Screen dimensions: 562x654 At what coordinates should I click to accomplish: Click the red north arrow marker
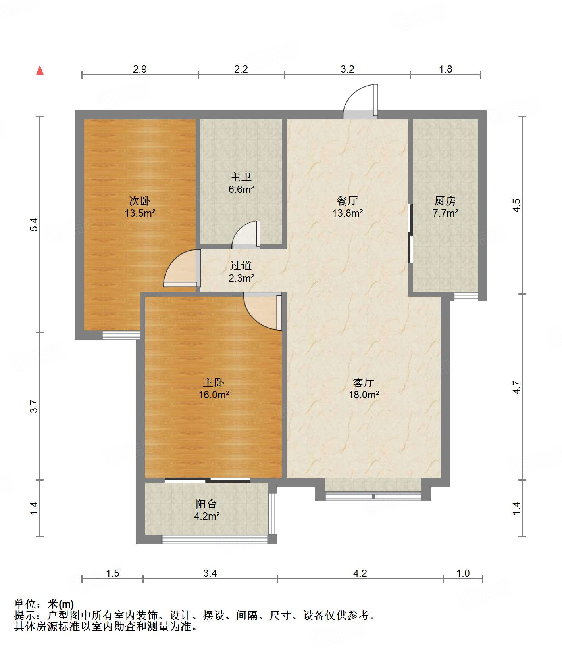pyautogui.click(x=40, y=70)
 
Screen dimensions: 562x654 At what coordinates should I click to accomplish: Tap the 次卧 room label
pyautogui.click(x=140, y=201)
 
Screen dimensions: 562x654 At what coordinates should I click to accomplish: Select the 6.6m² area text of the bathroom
pyautogui.click(x=241, y=189)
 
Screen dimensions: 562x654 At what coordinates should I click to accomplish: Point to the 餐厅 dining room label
pyautogui.click(x=347, y=201)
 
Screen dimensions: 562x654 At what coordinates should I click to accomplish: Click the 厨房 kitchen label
pyautogui.click(x=445, y=201)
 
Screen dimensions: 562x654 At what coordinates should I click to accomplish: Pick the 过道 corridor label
pyautogui.click(x=241, y=266)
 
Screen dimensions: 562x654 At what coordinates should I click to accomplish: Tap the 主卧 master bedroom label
pyautogui.click(x=214, y=382)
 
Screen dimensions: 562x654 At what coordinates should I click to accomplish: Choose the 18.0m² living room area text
pyautogui.click(x=364, y=395)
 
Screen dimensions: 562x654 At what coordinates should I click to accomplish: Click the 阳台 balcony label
pyautogui.click(x=206, y=504)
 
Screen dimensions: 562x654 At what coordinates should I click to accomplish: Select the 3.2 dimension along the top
pyautogui.click(x=347, y=69)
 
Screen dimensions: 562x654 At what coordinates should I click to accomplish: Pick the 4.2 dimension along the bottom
pyautogui.click(x=360, y=573)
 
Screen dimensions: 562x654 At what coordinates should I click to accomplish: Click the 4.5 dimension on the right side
pyautogui.click(x=516, y=205)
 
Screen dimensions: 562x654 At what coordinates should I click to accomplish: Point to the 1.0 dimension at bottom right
pyautogui.click(x=463, y=573)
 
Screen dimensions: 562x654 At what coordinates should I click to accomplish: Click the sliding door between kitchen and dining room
pyautogui.click(x=411, y=234)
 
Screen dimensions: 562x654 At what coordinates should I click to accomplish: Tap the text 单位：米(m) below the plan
pyautogui.click(x=44, y=604)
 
